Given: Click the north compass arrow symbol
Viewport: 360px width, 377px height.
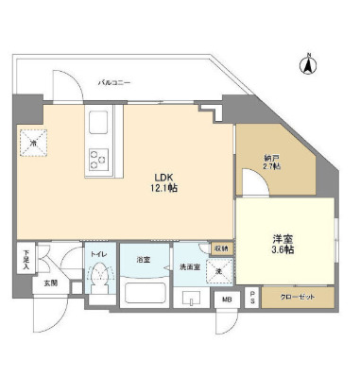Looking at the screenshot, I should [307, 65].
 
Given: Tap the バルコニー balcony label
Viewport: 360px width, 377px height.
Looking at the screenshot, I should [113, 84].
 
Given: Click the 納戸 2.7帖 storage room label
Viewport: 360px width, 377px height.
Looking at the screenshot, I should [272, 162].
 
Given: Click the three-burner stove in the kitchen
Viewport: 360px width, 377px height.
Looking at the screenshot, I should [99, 158].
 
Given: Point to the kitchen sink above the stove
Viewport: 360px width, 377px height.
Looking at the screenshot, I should [99, 123].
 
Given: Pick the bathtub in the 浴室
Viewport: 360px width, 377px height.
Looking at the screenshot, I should [144, 290].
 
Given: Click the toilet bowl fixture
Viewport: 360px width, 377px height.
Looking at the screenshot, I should [99, 281].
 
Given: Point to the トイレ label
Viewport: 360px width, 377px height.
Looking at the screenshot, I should [98, 254].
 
